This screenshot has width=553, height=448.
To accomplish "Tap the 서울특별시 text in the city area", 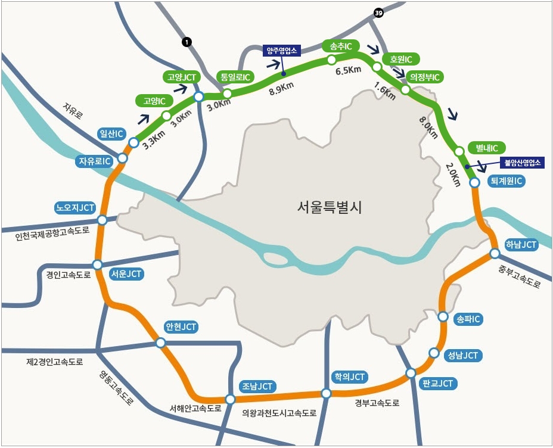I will click(330, 207).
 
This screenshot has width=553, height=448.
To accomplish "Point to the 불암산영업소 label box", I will click(521, 161).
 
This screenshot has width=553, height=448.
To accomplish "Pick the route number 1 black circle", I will click(187, 42).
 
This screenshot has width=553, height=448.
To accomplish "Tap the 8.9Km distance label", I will click(282, 87).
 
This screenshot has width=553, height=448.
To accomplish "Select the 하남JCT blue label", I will click(521, 245).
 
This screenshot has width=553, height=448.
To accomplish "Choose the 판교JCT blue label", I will click(436, 383).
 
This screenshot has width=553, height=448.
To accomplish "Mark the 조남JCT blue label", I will click(257, 387).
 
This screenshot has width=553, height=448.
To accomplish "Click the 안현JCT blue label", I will click(181, 327).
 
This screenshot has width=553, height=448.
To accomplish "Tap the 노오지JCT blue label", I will click(74, 208).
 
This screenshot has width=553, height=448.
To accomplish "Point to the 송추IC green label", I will click(340, 46).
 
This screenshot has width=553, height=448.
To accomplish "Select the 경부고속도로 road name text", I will click(377, 403).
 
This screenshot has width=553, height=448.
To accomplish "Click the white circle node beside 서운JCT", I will click(98, 265).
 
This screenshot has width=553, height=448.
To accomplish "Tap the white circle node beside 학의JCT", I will click(326, 393).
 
